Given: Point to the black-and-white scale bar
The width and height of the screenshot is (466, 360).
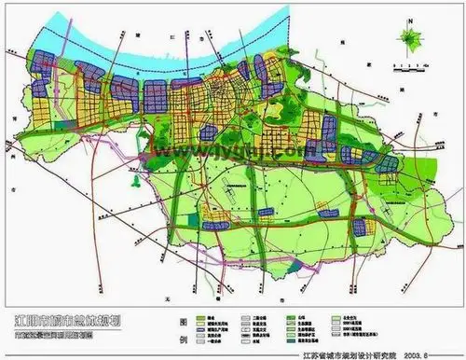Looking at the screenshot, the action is click(x=410, y=62).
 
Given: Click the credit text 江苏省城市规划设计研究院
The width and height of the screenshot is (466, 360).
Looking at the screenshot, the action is click(x=334, y=354).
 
